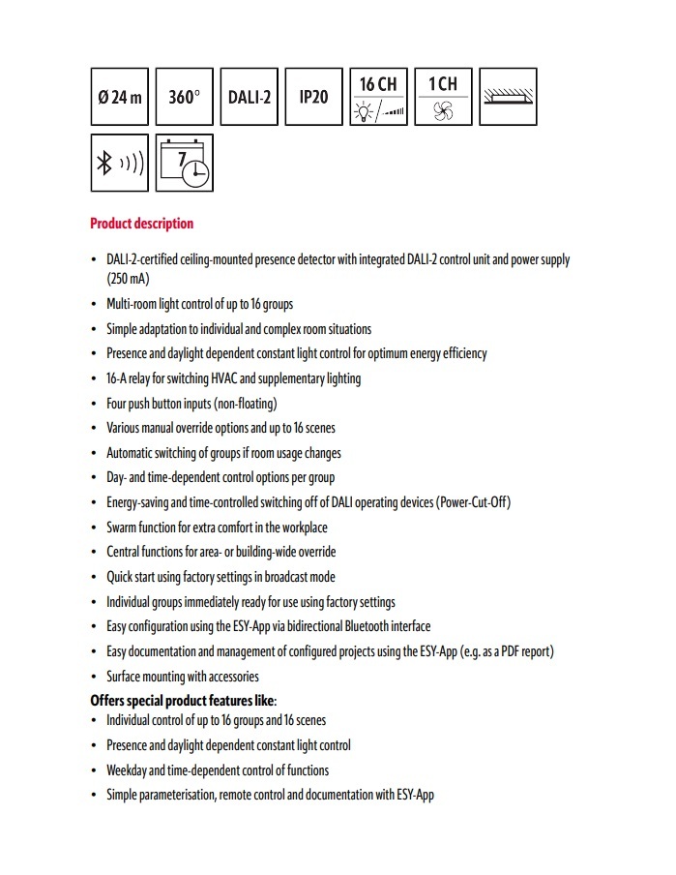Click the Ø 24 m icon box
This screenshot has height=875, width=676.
pos(120,97)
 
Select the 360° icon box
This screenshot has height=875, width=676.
pos(185,97)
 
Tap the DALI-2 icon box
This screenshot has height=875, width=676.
pos(250,97)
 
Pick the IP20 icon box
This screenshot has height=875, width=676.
pos(313,97)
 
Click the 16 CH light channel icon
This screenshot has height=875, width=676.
pos(378,97)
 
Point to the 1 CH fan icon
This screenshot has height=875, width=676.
pos(443,97)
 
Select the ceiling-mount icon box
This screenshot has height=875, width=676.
pos(507,97)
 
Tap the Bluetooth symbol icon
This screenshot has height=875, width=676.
pos(120,163)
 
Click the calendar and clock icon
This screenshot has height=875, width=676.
pos(185,163)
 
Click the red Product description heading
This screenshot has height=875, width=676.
pos(141,224)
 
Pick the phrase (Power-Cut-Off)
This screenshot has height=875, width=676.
pos(474,502)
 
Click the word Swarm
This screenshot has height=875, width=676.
pos(122,528)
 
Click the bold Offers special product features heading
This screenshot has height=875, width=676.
pos(183,700)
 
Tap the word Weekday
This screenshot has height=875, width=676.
pos(129,770)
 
